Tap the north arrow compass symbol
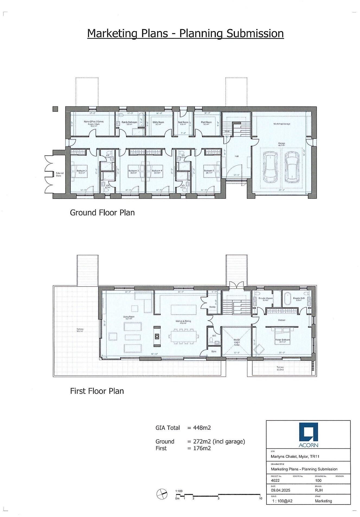[162, 494]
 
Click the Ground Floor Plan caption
[102, 212]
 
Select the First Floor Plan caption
[97, 391]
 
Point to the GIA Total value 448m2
[202, 428]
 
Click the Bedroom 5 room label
[209, 171]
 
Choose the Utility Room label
[158, 123]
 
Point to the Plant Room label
[206, 123]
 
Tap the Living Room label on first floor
[129, 318]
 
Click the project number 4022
[275, 480]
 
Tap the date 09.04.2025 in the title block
[280, 490]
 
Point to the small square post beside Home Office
[55, 109]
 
